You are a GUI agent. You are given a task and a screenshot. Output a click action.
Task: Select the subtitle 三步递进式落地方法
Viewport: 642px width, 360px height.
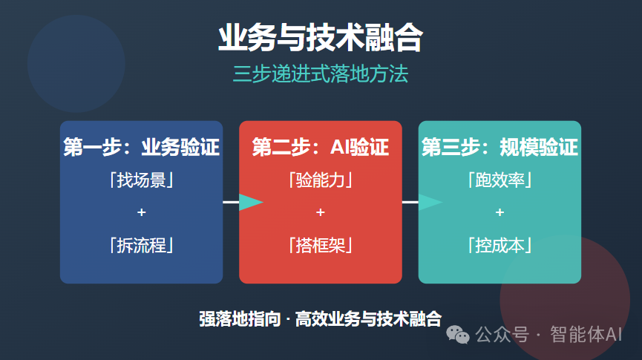[x=320, y=75]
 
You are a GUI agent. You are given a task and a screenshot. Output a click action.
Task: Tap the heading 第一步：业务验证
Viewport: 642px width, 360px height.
[x=141, y=147]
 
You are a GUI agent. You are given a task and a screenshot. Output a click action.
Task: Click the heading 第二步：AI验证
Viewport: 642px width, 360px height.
[x=320, y=147]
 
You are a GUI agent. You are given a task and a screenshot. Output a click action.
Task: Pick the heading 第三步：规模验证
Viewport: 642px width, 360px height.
[x=499, y=147]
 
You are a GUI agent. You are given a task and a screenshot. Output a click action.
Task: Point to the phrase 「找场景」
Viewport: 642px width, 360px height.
[x=141, y=180]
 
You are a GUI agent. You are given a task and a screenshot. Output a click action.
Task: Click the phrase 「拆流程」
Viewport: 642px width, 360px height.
[x=141, y=245]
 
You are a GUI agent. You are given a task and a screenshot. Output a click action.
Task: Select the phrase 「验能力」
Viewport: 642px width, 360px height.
[x=320, y=180]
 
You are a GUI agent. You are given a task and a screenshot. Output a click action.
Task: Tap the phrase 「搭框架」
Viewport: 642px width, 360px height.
[x=320, y=245]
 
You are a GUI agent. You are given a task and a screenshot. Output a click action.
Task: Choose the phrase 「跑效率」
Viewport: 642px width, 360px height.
[x=499, y=180]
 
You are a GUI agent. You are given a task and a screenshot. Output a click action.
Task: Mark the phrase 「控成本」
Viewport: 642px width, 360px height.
[x=499, y=245]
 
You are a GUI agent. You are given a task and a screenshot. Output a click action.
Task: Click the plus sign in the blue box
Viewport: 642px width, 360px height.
[x=141, y=213]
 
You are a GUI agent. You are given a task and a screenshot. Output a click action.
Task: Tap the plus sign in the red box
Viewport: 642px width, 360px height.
[x=320, y=213]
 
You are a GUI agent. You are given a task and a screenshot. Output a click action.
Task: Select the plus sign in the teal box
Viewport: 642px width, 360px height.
[x=499, y=213]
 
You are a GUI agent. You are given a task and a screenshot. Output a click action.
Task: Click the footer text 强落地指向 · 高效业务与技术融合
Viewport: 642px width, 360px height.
[x=320, y=319]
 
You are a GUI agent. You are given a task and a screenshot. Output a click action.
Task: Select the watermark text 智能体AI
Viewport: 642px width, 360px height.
[x=586, y=335]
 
